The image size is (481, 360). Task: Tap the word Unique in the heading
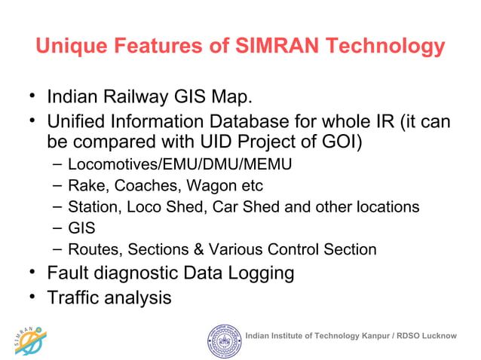pos(69,47)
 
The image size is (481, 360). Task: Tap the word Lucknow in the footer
pos(439,335)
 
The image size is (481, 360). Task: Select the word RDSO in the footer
pos(407,335)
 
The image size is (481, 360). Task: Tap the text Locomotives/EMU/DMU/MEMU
pos(179,163)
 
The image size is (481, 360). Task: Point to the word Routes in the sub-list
pos(88,249)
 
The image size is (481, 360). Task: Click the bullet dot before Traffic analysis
pos(33,296)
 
